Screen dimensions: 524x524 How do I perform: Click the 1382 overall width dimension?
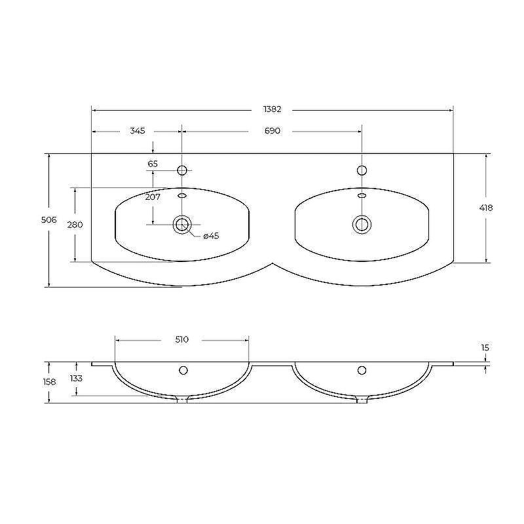[272, 109]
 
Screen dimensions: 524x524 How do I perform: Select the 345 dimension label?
[138, 130]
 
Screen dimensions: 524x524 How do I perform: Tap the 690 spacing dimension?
[272, 130]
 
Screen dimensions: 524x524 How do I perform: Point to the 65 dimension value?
[153, 164]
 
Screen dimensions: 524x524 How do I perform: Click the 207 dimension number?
[153, 197]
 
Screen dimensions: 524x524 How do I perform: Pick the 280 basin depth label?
[75, 225]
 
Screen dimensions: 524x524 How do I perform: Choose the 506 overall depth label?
[48, 220]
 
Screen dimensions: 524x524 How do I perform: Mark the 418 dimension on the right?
[486, 208]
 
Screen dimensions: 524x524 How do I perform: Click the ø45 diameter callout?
[211, 236]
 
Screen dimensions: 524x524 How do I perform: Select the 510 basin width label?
[182, 339]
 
